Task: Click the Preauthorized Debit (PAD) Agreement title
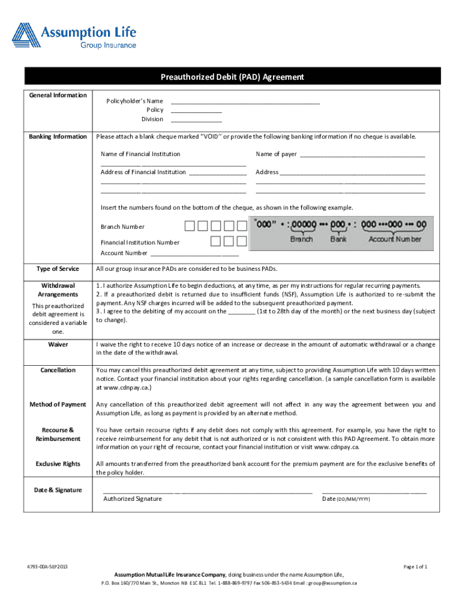coord(232,77)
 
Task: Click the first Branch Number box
coord(190,226)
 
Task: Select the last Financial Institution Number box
coord(241,241)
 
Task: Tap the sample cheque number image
coord(340,231)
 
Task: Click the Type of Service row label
coord(58,268)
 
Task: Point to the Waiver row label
coord(58,345)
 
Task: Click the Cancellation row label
coord(58,370)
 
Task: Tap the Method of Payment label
coord(58,404)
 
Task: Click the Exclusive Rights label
coord(58,464)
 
